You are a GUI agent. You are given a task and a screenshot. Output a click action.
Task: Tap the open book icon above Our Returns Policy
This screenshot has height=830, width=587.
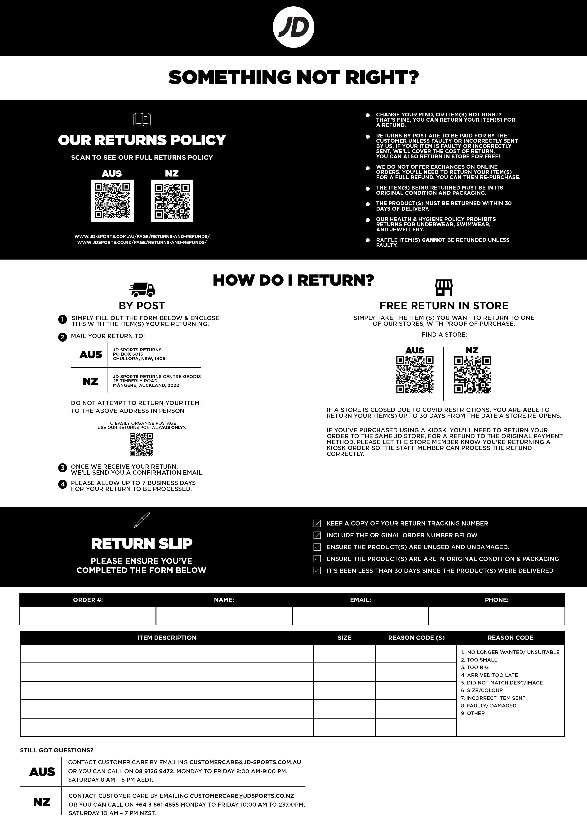click(142, 119)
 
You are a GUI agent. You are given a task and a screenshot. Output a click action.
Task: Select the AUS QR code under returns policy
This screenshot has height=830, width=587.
click(112, 201)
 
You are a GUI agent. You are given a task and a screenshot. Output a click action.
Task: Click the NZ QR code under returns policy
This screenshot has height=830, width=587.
click(172, 201)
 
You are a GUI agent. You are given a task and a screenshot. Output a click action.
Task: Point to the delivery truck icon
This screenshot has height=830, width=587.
click(142, 289)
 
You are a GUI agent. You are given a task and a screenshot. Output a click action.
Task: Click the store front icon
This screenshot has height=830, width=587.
click(444, 287)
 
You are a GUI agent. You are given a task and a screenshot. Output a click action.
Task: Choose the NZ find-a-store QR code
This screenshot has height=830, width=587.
click(472, 375)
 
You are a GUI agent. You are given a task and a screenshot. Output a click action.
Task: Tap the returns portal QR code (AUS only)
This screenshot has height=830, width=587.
click(141, 444)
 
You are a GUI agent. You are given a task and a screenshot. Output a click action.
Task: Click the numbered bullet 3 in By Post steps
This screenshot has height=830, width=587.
click(62, 468)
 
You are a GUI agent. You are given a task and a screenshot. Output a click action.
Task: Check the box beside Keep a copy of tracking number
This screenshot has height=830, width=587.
click(317, 523)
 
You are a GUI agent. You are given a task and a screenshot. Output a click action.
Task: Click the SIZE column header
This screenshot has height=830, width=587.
click(344, 638)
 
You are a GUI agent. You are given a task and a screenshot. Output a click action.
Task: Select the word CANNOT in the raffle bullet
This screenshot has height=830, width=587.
click(433, 240)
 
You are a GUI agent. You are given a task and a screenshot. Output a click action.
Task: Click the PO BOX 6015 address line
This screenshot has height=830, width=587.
click(128, 354)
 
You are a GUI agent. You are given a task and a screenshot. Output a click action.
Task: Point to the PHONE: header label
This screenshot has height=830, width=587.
click(497, 600)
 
